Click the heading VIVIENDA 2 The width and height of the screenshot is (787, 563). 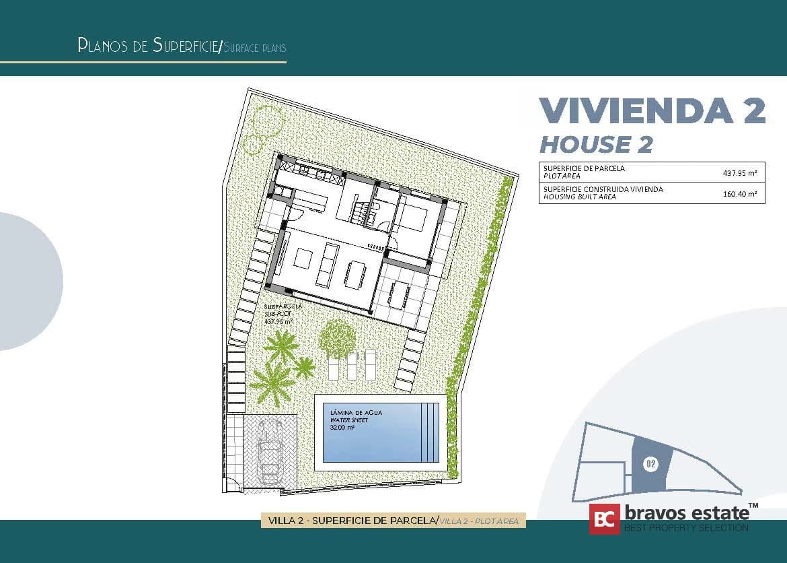pyautogui.click(x=652, y=111)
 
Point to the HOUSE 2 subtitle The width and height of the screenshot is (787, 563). pyautogui.click(x=597, y=144)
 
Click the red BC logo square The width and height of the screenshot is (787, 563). pyautogui.click(x=604, y=519)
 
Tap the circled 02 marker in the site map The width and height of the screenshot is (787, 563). pyautogui.click(x=650, y=463)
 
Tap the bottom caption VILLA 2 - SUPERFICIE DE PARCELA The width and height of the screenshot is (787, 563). pyautogui.click(x=352, y=521)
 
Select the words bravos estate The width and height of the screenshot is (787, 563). pyautogui.click(x=686, y=512)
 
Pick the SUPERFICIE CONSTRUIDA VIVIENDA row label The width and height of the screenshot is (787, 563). pyautogui.click(x=603, y=189)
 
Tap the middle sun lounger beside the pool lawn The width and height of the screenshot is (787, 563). pyautogui.click(x=352, y=364)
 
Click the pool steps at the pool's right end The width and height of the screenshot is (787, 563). pyautogui.click(x=434, y=432)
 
